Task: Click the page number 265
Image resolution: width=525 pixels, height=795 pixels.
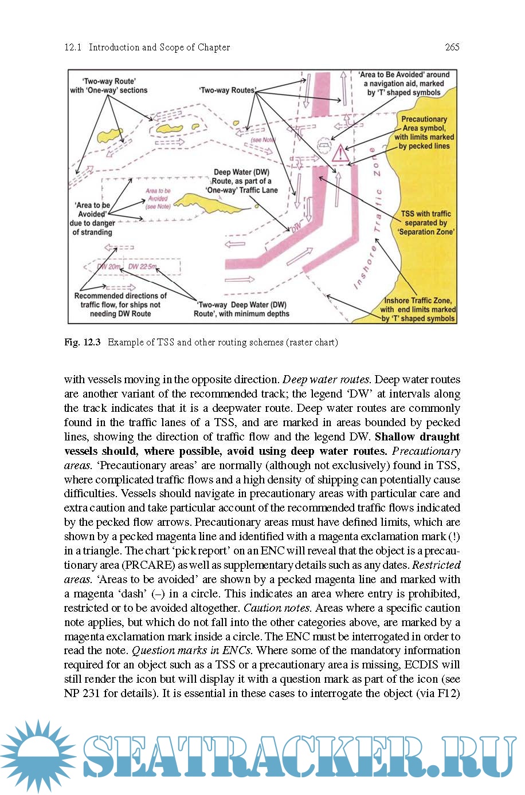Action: tap(452, 48)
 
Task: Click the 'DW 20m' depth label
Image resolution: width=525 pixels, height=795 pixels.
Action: tap(109, 267)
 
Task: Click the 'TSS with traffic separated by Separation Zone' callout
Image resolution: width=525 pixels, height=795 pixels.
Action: tap(426, 223)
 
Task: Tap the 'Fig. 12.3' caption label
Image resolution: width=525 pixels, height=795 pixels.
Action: tap(83, 343)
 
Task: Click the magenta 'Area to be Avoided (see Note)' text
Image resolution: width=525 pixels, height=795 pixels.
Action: tap(158, 199)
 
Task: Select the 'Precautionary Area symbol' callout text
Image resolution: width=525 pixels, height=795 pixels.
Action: tap(424, 132)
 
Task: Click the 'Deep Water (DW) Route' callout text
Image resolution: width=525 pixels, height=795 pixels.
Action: tap(241, 181)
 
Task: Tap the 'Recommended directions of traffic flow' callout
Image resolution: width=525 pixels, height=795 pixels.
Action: tap(120, 305)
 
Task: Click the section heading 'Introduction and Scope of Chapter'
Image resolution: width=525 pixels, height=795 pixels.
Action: tap(159, 48)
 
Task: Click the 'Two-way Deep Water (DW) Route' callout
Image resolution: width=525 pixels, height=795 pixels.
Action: tap(241, 309)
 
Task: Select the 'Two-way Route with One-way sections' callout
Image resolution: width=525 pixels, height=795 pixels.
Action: tap(109, 86)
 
